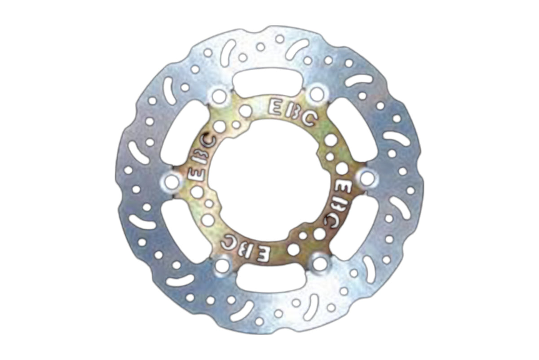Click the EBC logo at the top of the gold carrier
[292, 112]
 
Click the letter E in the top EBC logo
[274, 106]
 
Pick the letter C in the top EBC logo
[309, 119]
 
